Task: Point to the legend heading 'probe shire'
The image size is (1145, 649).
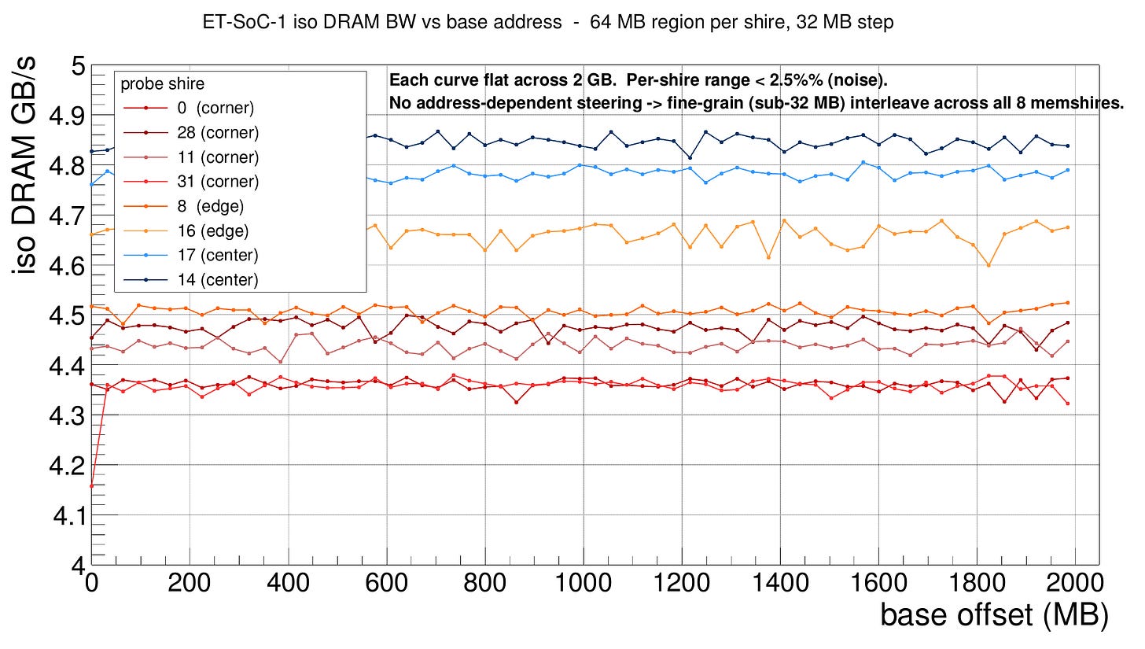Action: click(163, 84)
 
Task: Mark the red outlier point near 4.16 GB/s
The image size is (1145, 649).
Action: click(92, 486)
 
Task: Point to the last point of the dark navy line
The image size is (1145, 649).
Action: click(1089, 146)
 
